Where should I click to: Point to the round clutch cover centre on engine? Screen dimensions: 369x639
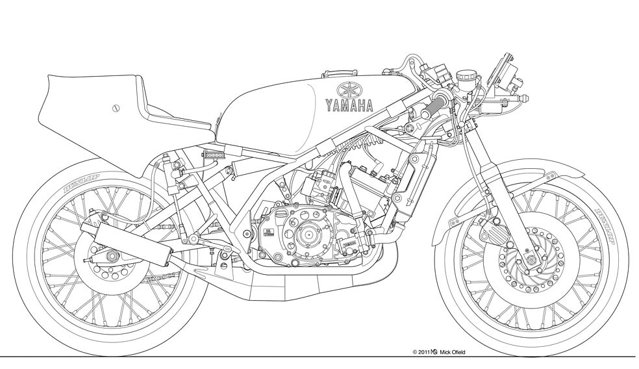click(309, 231)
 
